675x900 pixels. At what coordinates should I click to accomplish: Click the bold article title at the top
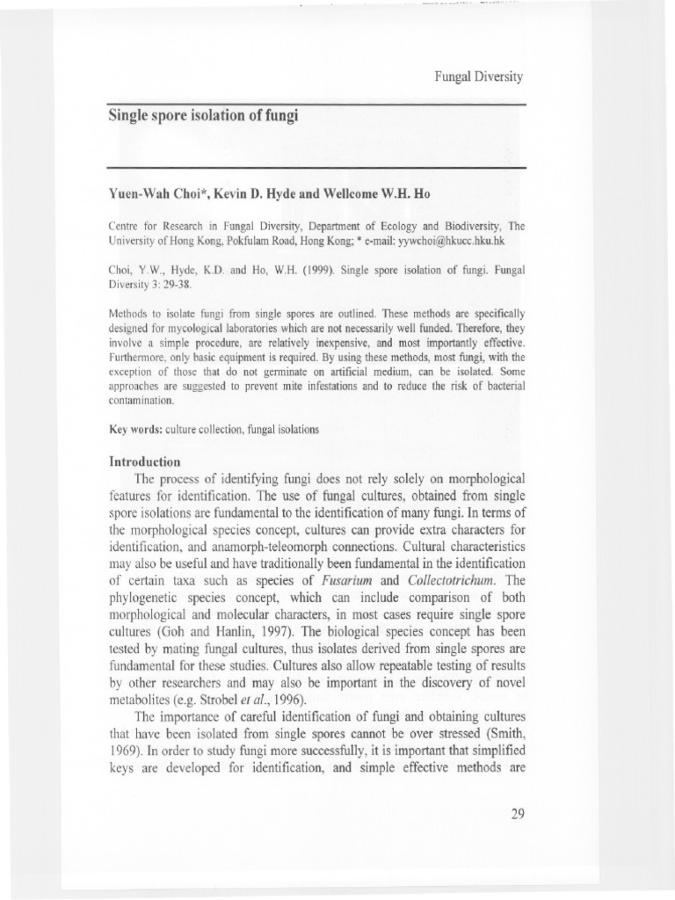coord(203,115)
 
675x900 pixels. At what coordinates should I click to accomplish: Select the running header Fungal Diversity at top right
coord(480,76)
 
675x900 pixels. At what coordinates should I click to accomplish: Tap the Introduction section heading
coord(144,461)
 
